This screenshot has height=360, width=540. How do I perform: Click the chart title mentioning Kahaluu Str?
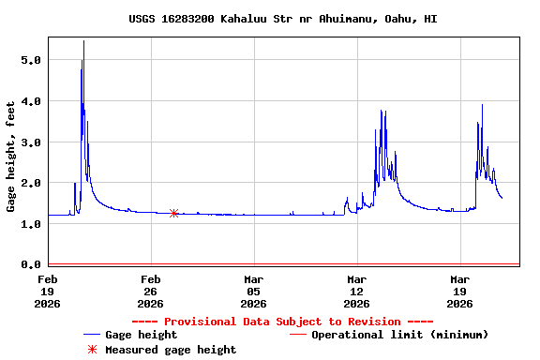click(282, 19)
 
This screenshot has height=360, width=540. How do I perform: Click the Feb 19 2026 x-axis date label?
click(47, 291)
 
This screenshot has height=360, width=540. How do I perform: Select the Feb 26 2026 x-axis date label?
click(150, 291)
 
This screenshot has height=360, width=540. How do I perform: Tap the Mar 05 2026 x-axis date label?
click(253, 291)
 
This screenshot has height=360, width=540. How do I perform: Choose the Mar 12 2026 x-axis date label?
click(356, 291)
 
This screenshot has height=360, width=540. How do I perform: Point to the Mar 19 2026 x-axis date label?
click(459, 291)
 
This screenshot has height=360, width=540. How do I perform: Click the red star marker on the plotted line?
click(173, 214)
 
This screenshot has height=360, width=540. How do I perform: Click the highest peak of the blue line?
click(83, 41)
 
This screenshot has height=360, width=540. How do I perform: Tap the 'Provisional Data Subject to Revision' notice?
click(282, 322)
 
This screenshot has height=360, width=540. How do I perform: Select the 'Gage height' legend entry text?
click(141, 335)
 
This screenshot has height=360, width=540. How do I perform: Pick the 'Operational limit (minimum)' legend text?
click(399, 335)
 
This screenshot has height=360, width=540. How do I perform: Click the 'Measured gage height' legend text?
click(171, 350)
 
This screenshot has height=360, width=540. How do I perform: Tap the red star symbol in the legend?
click(92, 350)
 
